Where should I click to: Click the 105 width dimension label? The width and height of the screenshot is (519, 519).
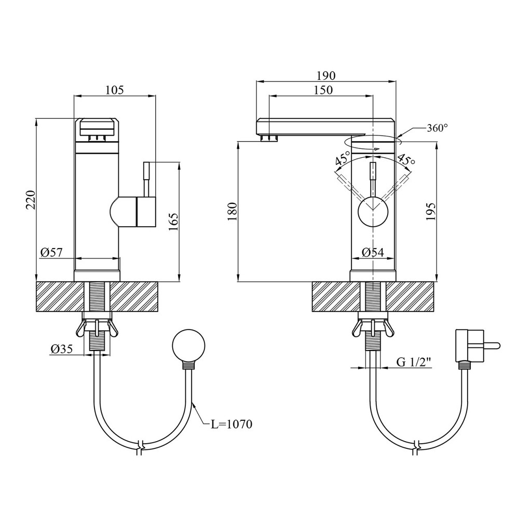115,90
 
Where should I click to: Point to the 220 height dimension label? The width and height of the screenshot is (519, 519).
31,200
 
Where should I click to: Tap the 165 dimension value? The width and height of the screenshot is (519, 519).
174,222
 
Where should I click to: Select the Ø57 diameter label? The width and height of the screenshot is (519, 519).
51,253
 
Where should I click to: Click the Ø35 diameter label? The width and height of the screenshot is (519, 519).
62,349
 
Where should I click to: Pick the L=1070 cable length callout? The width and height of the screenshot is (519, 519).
231,424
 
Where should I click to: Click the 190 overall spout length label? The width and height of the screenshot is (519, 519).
326,76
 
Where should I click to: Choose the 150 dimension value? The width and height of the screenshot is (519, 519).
323,90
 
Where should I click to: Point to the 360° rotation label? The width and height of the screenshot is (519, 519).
437,128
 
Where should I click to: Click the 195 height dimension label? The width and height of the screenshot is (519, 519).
431,212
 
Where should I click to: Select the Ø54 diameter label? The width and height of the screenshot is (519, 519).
373,253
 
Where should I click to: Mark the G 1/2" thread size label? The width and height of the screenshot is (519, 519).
414,362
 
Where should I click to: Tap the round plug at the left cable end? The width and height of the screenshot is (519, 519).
189,346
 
